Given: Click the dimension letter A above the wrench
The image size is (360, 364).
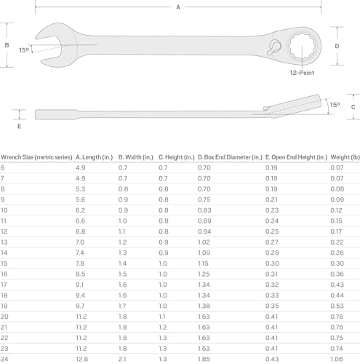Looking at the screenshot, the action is click(178, 7).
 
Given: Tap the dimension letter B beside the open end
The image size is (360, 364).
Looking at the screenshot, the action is click(7, 45).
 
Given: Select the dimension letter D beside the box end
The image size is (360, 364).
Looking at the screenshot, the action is click(337, 46).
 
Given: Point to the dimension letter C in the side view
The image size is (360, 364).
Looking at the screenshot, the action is click(353, 107).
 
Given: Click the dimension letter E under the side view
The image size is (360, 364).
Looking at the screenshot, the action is click(19, 126).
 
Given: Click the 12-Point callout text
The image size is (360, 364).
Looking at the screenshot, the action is click(302, 73).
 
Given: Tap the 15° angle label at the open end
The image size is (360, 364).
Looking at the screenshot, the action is click(24, 50).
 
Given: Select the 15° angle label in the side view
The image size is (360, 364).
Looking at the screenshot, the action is click(335, 105).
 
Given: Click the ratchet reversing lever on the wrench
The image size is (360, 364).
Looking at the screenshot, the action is click(275, 47).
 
